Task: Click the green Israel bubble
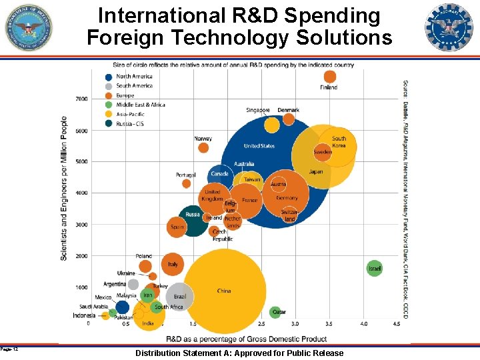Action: coord(375,268)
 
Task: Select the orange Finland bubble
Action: coord(329,77)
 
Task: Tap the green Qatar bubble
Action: coord(276,312)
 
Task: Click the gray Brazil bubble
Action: coord(179,297)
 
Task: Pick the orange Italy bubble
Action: coord(173,265)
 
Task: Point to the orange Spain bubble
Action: coord(177,227)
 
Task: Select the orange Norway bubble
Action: coord(203,147)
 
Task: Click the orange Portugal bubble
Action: coord(186,183)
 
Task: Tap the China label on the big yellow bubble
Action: coord(224,291)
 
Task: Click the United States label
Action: coord(259,146)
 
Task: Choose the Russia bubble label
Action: coord(193,215)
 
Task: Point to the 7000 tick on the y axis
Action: coord(81,99)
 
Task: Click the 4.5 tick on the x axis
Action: coord(396,324)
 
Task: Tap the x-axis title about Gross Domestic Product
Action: coord(247,339)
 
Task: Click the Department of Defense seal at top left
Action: coord(29,27)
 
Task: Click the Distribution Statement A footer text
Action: coord(239,353)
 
